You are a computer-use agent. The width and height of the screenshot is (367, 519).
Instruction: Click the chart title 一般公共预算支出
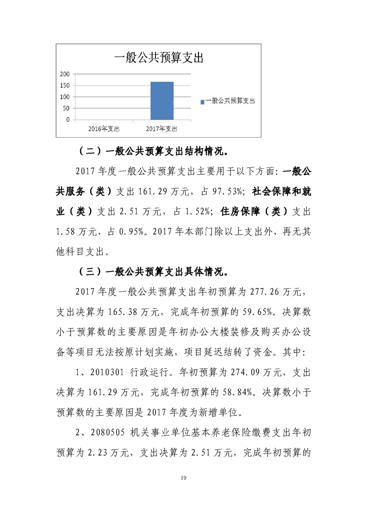pyautogui.click(x=159, y=58)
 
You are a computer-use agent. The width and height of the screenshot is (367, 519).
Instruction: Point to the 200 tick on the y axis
pyautogui.click(x=65, y=74)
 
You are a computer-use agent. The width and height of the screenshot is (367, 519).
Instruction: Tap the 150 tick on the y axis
pyautogui.click(x=65, y=86)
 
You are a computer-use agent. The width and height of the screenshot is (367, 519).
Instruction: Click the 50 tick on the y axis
pyautogui.click(x=66, y=108)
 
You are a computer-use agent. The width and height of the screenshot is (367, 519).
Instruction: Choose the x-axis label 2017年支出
pyautogui.click(x=162, y=128)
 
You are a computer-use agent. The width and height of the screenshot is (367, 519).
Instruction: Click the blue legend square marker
pyautogui.click(x=202, y=101)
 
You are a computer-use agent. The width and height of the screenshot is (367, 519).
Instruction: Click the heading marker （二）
pyautogui.click(x=89, y=151)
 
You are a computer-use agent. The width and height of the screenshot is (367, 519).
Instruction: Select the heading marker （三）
pyautogui.click(x=89, y=272)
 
